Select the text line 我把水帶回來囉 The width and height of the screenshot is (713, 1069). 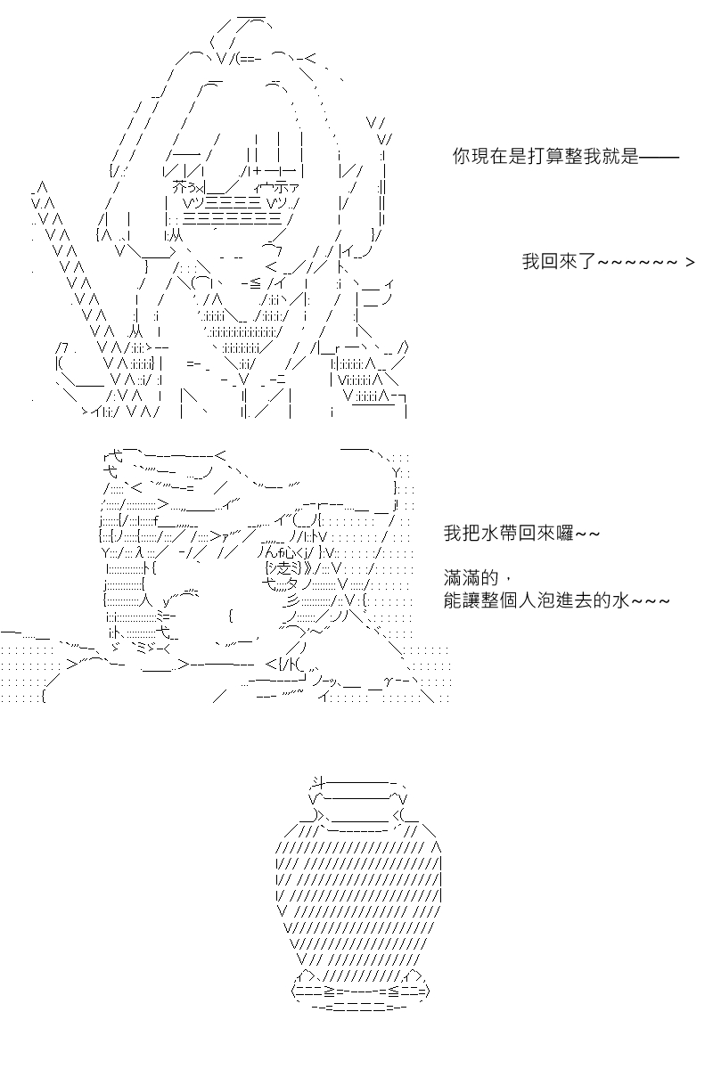point(521,533)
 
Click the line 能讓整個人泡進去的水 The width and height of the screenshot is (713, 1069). point(557,600)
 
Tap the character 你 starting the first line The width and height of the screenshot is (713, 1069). point(462,156)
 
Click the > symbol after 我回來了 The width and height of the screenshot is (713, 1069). point(690,262)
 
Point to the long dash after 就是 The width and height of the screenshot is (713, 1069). point(659,157)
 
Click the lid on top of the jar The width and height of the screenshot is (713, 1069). point(358,792)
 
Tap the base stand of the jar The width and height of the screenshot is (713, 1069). point(360,990)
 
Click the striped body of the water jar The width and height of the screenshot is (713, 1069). point(358,897)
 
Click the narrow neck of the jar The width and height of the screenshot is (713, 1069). point(359,817)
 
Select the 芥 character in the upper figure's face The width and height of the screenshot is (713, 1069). point(181,188)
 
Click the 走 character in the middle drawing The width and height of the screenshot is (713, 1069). point(283,568)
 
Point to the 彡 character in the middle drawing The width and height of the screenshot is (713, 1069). point(294,600)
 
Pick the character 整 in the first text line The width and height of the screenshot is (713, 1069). point(574,156)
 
